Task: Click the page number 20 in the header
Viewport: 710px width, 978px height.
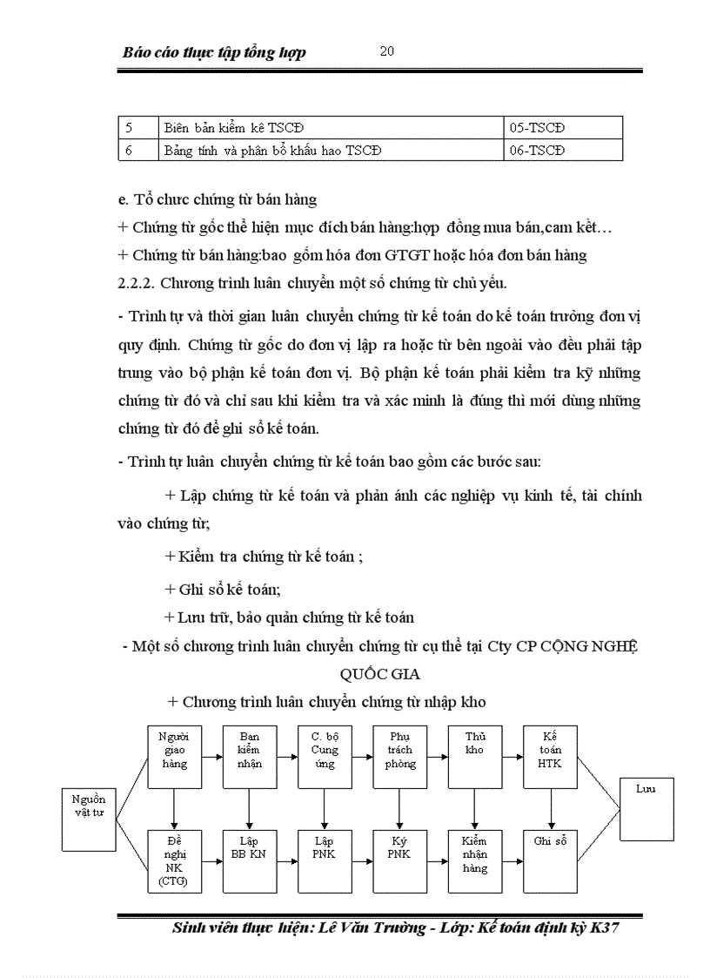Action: tap(387, 51)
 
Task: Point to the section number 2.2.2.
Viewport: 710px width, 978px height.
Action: tap(136, 282)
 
